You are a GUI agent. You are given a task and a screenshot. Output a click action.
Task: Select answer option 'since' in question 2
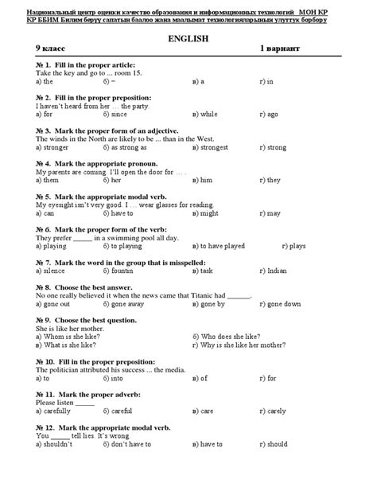(120, 114)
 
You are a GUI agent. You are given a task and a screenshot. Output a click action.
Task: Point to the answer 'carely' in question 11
(276, 411)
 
